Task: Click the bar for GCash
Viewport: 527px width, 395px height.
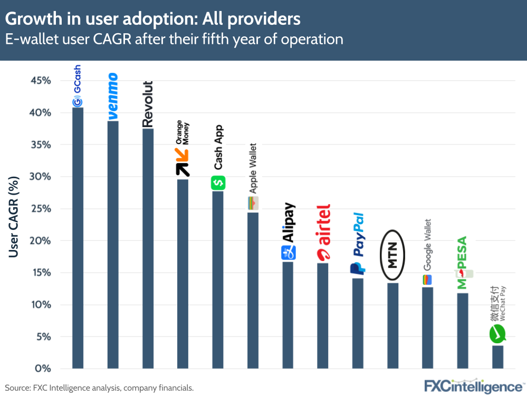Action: click(78, 238)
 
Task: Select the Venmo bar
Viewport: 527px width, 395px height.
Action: click(113, 245)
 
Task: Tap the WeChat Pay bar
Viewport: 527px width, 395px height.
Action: click(497, 357)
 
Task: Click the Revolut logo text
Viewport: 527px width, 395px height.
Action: click(148, 104)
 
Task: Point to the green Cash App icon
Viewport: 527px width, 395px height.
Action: click(218, 183)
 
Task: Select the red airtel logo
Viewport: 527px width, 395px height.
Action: click(323, 233)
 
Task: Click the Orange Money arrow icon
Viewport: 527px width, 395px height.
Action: click(183, 162)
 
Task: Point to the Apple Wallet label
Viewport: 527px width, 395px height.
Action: click(253, 169)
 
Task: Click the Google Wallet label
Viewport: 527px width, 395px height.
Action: click(427, 245)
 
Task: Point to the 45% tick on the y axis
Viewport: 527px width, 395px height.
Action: click(40, 81)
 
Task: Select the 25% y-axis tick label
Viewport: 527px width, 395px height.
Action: click(40, 209)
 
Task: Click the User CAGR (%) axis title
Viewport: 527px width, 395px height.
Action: click(14, 217)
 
